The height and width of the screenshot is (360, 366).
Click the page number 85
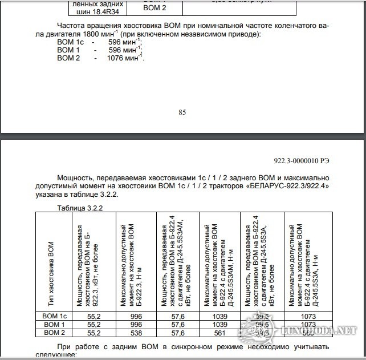pos(182,112)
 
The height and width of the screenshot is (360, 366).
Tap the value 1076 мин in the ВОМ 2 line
pos(122,58)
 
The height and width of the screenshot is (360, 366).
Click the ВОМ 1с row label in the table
pos(55,315)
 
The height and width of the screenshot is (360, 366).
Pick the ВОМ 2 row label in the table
pos(55,332)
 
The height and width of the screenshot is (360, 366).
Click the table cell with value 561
pos(219,332)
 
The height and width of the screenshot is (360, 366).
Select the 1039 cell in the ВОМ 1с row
pos(219,315)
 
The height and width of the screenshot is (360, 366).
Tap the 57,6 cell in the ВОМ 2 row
pos(178,332)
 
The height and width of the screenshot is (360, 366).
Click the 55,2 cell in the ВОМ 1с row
pos(94,315)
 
